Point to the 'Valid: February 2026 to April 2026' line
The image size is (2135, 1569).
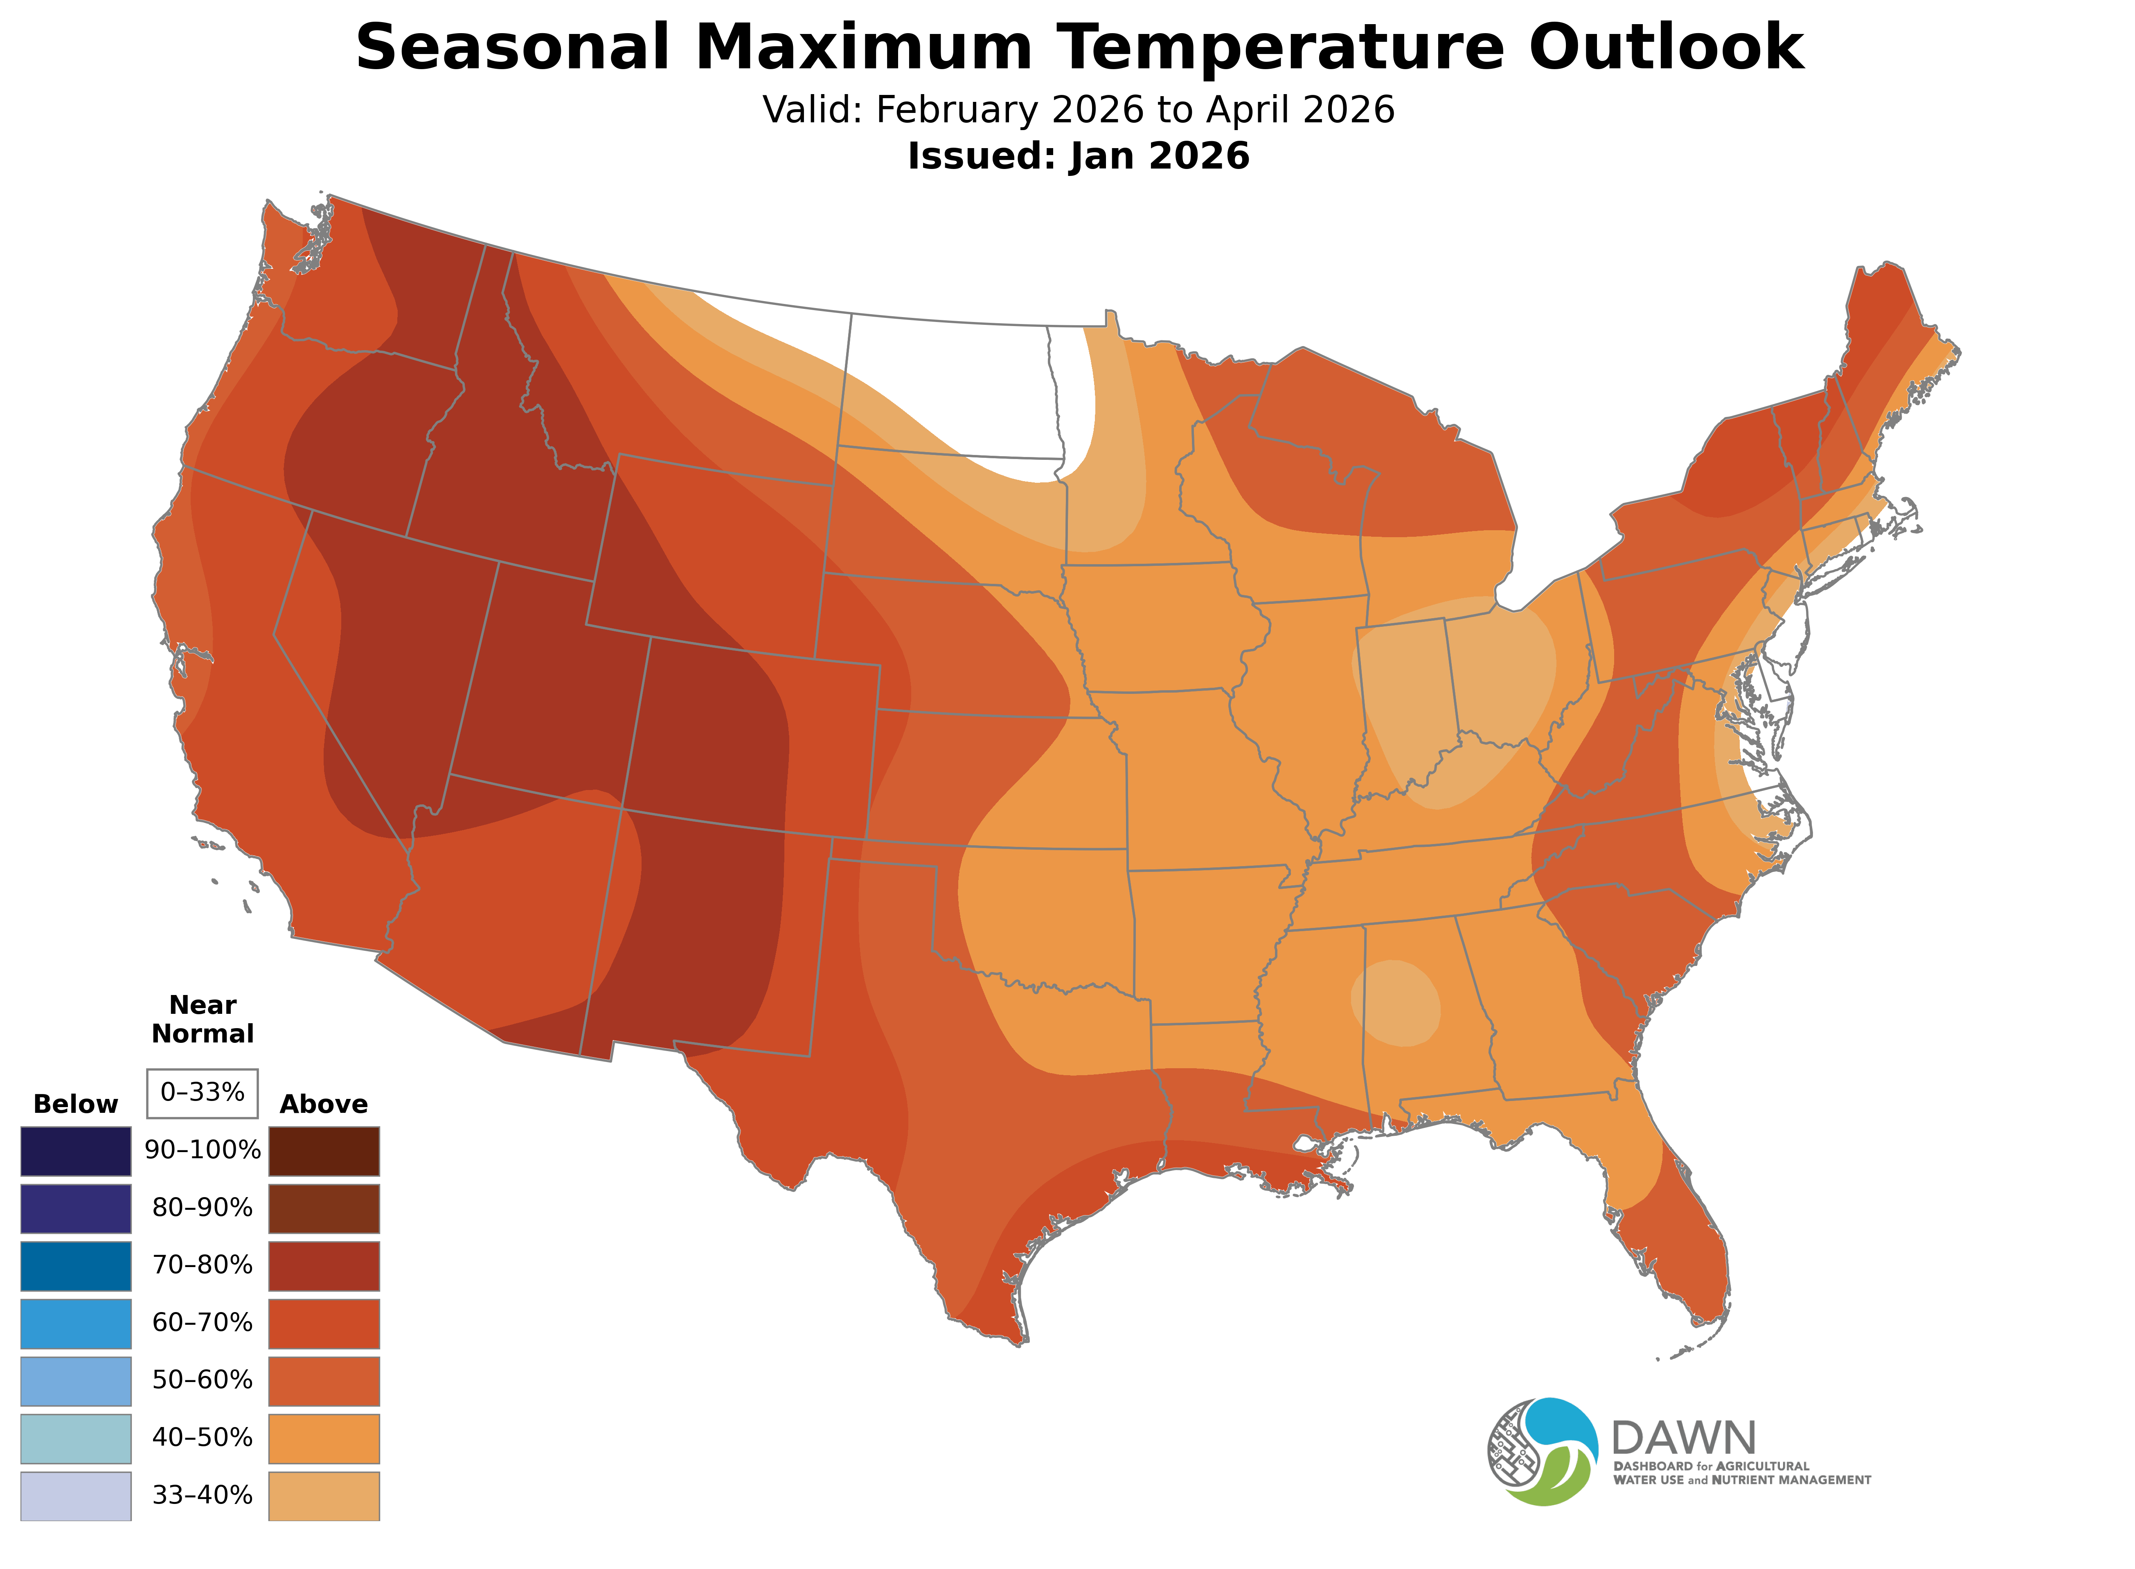pos(1078,110)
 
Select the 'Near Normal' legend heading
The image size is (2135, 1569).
pos(202,1019)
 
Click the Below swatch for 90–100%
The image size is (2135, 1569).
pos(76,1151)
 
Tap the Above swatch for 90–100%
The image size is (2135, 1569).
pos(324,1151)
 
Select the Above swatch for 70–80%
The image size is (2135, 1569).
pos(324,1266)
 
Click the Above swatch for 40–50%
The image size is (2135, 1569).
pos(324,1438)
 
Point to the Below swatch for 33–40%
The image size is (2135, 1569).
pos(76,1496)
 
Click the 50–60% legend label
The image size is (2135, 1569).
pos(202,1380)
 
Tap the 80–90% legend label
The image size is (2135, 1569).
pos(202,1208)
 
